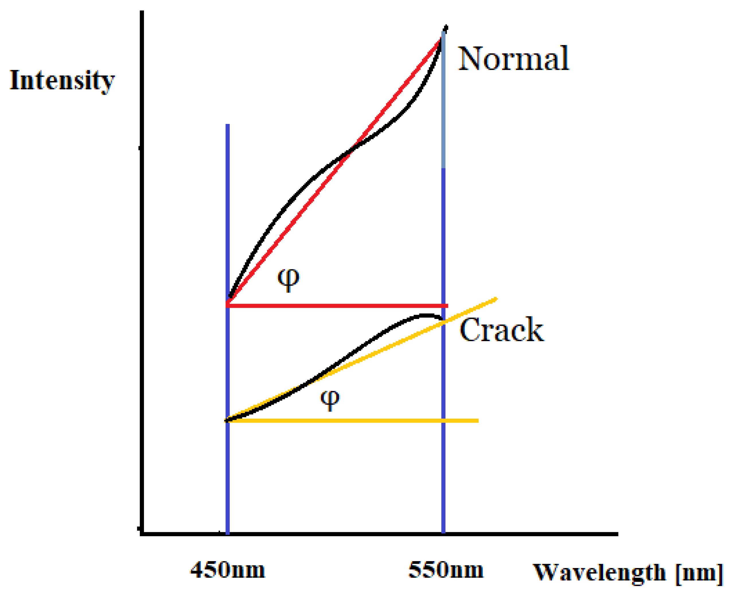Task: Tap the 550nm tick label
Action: click(x=445, y=570)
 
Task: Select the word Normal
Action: click(x=513, y=59)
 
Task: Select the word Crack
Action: click(x=502, y=330)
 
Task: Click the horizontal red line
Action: click(x=337, y=305)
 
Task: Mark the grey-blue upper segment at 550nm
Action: click(x=443, y=103)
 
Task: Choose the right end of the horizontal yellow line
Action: click(x=477, y=421)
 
